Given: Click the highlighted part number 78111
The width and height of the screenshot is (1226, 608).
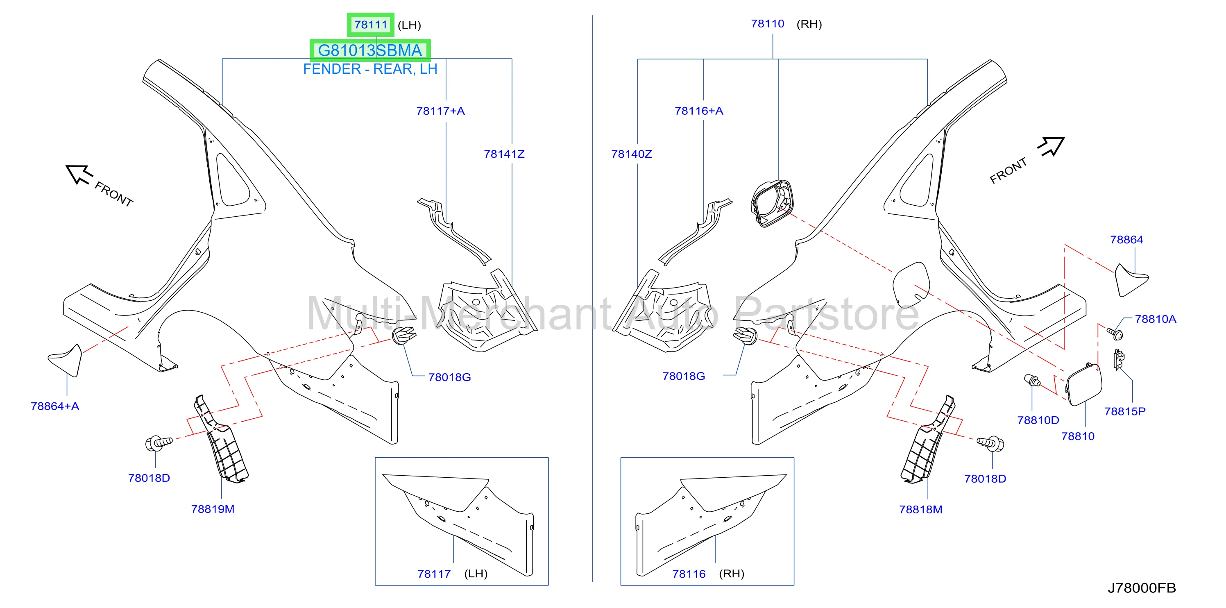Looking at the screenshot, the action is click(x=371, y=24).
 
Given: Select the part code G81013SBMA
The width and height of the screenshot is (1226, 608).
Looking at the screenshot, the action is click(x=370, y=50).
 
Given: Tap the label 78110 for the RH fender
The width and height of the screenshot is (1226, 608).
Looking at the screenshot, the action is click(x=767, y=23).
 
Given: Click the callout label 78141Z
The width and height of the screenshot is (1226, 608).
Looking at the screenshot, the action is click(x=504, y=154).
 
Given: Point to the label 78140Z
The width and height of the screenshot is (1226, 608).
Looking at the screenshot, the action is click(x=632, y=154).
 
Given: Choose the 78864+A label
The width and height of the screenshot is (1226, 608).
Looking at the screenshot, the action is click(x=55, y=406).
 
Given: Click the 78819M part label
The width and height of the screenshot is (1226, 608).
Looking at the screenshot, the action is click(x=213, y=509).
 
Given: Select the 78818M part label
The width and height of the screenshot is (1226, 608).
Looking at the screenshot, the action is click(x=920, y=509).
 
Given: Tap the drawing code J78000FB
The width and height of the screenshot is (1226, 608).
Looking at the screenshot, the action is click(x=1142, y=588).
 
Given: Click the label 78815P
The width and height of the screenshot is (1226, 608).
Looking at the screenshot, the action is click(x=1125, y=411).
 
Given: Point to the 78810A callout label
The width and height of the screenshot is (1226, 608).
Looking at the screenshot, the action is click(x=1155, y=319).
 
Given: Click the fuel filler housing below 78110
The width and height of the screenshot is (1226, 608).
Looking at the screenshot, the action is click(x=772, y=203).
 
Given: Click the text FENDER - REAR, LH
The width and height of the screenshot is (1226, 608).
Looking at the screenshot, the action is click(x=370, y=69).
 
